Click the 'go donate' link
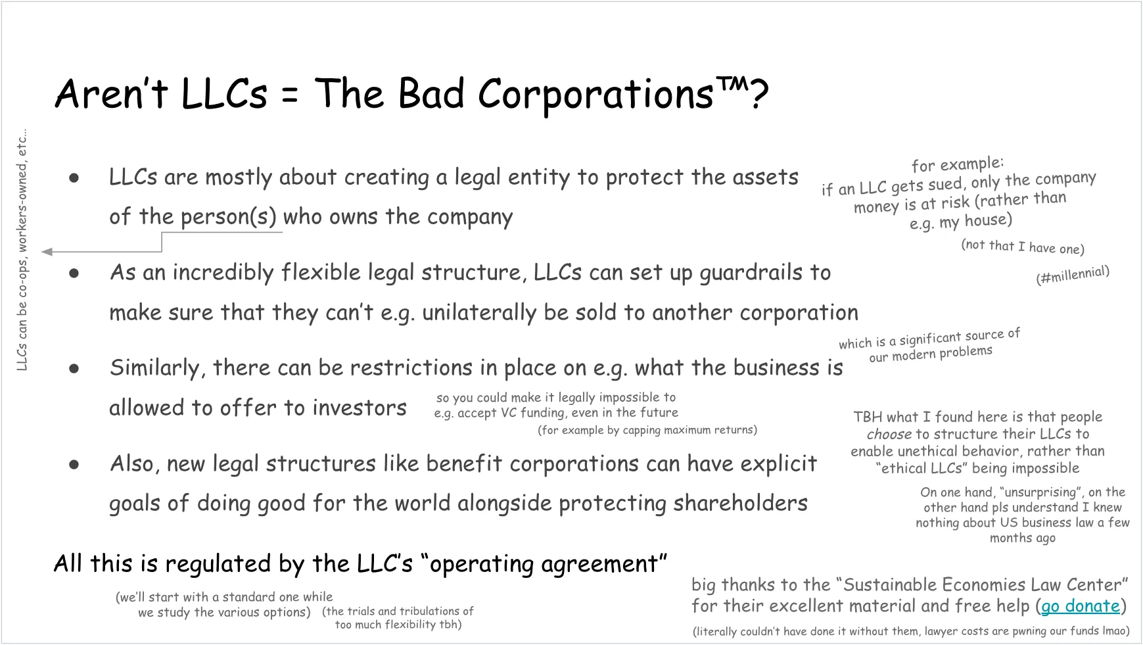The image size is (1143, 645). tap(1080, 606)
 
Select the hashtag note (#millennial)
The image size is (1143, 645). tap(1073, 275)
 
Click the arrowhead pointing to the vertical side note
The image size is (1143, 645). tap(46, 251)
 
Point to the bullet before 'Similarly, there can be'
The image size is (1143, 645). tap(74, 368)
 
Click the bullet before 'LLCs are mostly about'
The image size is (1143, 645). tap(74, 178)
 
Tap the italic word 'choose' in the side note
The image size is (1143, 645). tap(889, 435)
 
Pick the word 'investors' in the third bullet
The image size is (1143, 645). tap(359, 408)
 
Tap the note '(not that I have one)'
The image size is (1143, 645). tap(1022, 247)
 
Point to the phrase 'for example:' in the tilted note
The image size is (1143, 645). tap(957, 164)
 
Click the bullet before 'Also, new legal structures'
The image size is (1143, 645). tap(74, 464)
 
